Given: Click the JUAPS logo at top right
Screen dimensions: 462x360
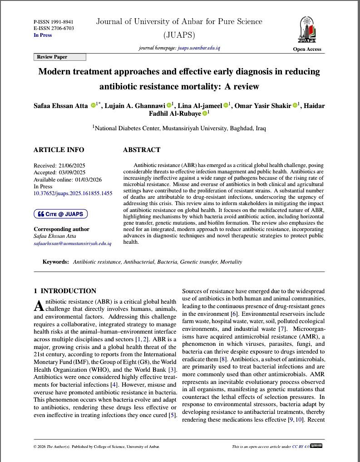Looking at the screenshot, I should (x=307, y=29).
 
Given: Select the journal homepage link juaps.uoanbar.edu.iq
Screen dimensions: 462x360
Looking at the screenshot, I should (x=199, y=48).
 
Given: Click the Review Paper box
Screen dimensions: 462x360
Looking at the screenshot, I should (x=59, y=57).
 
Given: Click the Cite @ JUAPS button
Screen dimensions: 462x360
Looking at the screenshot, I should (x=60, y=214).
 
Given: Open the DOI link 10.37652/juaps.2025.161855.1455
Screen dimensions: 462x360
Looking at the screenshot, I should (x=73, y=193).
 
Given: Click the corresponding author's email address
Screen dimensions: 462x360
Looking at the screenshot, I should (x=72, y=243).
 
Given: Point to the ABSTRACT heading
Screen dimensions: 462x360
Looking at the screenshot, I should (x=142, y=150).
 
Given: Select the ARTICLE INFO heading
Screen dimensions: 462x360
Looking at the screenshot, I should (x=59, y=150).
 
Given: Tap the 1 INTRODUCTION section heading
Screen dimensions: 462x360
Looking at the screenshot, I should (x=65, y=291).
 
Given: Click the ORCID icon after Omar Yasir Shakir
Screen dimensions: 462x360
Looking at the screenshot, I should (x=295, y=106).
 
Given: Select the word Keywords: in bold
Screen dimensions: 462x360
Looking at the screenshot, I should (x=56, y=262).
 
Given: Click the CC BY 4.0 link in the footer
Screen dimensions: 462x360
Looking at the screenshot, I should (x=301, y=447).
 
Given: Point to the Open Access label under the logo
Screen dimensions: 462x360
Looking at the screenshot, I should (x=307, y=49).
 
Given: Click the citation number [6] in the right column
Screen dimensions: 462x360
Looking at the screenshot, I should (x=234, y=314).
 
